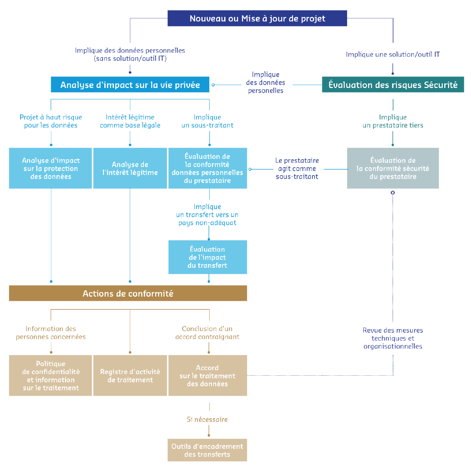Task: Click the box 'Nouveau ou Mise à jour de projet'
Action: pyautogui.click(x=257, y=19)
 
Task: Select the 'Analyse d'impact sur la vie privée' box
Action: pyautogui.click(x=130, y=85)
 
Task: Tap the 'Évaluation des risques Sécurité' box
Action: pyautogui.click(x=393, y=85)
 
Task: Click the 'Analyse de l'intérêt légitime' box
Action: pyautogui.click(x=130, y=168)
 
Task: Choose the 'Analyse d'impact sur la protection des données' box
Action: pyautogui.click(x=51, y=168)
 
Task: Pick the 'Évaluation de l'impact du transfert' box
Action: pyautogui.click(x=207, y=257)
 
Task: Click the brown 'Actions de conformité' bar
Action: pyautogui.click(x=128, y=293)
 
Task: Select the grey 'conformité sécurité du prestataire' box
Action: pyautogui.click(x=393, y=168)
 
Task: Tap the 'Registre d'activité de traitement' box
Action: pyautogui.click(x=130, y=376)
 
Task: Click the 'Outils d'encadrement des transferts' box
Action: pyautogui.click(x=207, y=450)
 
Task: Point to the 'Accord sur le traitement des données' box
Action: pyautogui.click(x=207, y=376)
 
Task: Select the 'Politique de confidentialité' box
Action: pyautogui.click(x=51, y=376)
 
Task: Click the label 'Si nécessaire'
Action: pyautogui.click(x=207, y=420)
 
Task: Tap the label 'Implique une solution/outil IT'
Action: pyautogui.click(x=393, y=54)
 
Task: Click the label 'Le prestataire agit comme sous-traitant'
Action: pyautogui.click(x=297, y=168)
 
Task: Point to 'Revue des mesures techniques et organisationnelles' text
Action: pyautogui.click(x=393, y=338)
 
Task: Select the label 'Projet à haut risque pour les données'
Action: pyautogui.click(x=51, y=121)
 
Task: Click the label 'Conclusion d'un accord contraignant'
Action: pyautogui.click(x=207, y=332)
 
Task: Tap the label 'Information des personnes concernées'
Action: pyautogui.click(x=51, y=332)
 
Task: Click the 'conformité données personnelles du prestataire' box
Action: pyautogui.click(x=207, y=168)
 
